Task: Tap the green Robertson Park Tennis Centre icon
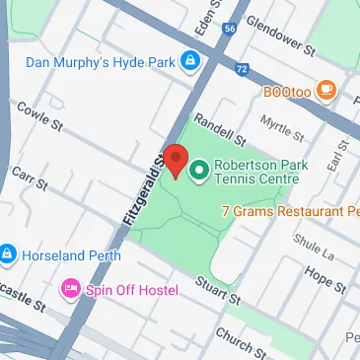point(198,172)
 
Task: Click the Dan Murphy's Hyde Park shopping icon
point(189,64)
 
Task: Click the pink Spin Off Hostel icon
point(70,288)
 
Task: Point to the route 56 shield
point(230,30)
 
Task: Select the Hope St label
point(324,279)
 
